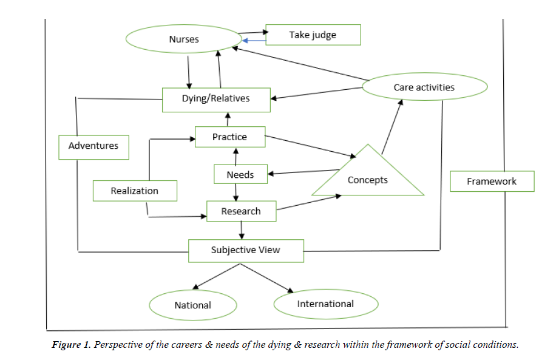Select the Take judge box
(x=313, y=35)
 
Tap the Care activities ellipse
(x=424, y=87)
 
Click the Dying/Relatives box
(x=216, y=98)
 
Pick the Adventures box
(x=93, y=146)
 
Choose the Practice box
(x=229, y=137)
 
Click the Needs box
(x=240, y=175)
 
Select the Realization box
(x=134, y=191)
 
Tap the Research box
(x=241, y=211)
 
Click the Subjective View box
(x=246, y=250)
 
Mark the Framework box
(x=492, y=182)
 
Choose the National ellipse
(x=192, y=305)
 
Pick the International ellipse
(x=325, y=304)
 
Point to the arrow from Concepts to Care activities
(x=392, y=124)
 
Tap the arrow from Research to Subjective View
(x=242, y=230)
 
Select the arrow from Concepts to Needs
(x=303, y=172)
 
